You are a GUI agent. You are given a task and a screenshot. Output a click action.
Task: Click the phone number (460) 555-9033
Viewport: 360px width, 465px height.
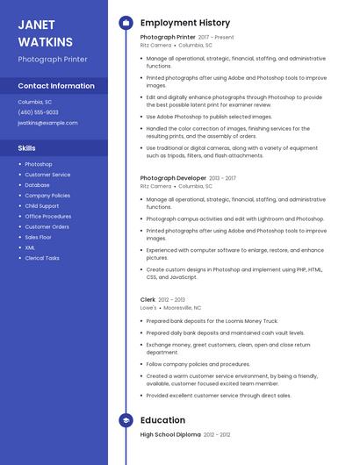(38, 112)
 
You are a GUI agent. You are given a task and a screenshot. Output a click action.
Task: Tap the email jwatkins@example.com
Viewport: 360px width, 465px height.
(47, 123)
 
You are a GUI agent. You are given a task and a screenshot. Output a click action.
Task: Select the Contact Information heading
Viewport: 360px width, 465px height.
(56, 86)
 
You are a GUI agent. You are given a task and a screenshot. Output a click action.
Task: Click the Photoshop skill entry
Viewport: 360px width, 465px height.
(39, 164)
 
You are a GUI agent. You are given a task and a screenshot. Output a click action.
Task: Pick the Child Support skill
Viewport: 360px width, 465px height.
(42, 206)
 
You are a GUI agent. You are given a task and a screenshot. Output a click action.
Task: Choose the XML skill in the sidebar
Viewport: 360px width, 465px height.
(30, 247)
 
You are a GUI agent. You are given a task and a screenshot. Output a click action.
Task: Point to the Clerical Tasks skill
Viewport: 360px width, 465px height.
(42, 258)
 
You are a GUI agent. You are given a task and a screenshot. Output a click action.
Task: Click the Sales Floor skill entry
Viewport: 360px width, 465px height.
(38, 237)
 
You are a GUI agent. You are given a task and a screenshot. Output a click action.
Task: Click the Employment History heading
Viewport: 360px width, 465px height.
(185, 23)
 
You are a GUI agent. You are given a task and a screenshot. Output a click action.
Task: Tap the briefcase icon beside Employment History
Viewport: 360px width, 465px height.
(126, 23)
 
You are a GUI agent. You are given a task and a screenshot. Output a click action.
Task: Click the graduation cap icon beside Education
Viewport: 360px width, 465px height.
(126, 420)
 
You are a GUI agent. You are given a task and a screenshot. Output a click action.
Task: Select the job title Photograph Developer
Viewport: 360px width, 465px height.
(173, 178)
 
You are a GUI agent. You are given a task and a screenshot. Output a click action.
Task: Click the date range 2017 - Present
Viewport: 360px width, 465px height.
(216, 38)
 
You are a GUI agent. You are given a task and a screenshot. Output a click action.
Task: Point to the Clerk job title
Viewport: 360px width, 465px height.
(148, 300)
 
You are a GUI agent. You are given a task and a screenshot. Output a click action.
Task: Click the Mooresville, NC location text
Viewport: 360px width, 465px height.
(183, 308)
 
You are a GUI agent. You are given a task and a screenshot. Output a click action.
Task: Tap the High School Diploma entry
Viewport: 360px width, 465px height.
(170, 434)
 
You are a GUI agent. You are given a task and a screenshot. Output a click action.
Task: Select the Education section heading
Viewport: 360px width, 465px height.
(162, 420)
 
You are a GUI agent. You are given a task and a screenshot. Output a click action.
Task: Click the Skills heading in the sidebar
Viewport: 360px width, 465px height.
(27, 147)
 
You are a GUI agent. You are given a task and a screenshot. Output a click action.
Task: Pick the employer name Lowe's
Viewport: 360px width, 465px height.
(148, 308)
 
